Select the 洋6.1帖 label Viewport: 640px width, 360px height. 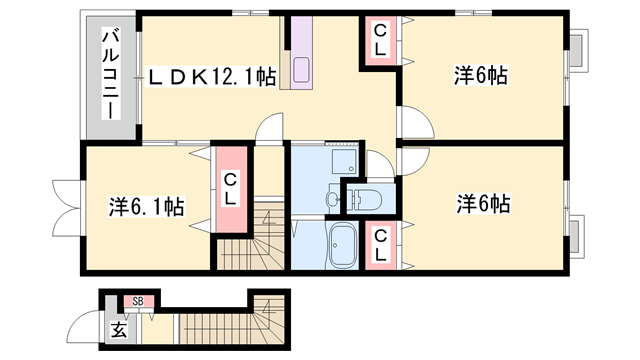coord(145,207)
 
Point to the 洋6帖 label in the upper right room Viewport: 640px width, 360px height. coord(481,76)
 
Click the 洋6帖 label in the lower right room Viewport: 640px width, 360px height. coord(484,204)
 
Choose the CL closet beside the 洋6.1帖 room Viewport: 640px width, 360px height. coord(230,189)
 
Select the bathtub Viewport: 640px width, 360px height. coord(343,243)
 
